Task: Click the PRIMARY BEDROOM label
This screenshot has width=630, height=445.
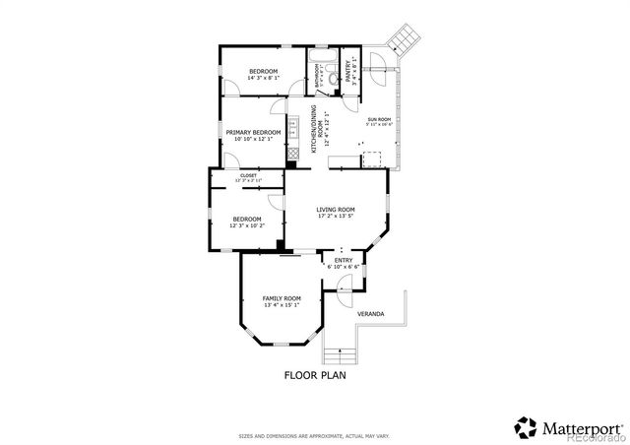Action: (x=253, y=132)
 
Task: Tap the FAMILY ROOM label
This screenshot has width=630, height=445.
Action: (x=281, y=297)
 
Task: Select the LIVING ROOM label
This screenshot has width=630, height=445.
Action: (x=336, y=210)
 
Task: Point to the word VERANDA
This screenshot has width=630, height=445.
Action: (x=370, y=314)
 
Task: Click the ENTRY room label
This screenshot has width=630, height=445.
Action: (x=344, y=260)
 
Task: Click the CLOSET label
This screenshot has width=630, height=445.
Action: (x=248, y=175)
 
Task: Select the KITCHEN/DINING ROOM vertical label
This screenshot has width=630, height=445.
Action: (x=315, y=127)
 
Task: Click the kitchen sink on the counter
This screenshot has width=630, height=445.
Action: (x=292, y=128)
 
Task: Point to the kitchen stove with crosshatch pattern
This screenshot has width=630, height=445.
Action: (x=292, y=154)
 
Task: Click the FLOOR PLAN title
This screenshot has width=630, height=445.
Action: (x=315, y=374)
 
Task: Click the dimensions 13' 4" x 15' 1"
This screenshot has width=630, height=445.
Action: (x=281, y=305)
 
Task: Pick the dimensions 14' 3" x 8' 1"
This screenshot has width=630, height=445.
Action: (x=263, y=79)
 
